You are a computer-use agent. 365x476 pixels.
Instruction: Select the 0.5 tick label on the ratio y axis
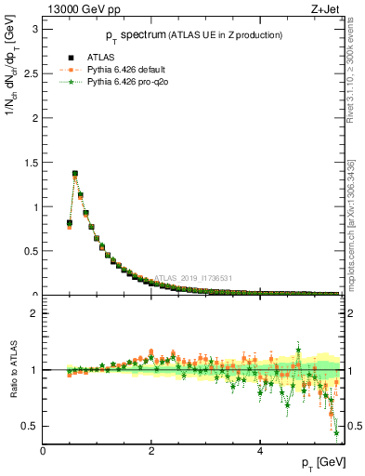30,426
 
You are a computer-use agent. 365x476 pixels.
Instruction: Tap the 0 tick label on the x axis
43,451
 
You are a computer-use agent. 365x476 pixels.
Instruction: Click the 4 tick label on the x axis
260,451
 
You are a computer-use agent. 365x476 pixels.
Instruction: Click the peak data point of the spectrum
75,174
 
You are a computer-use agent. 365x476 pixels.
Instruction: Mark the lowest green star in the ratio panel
336,431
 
